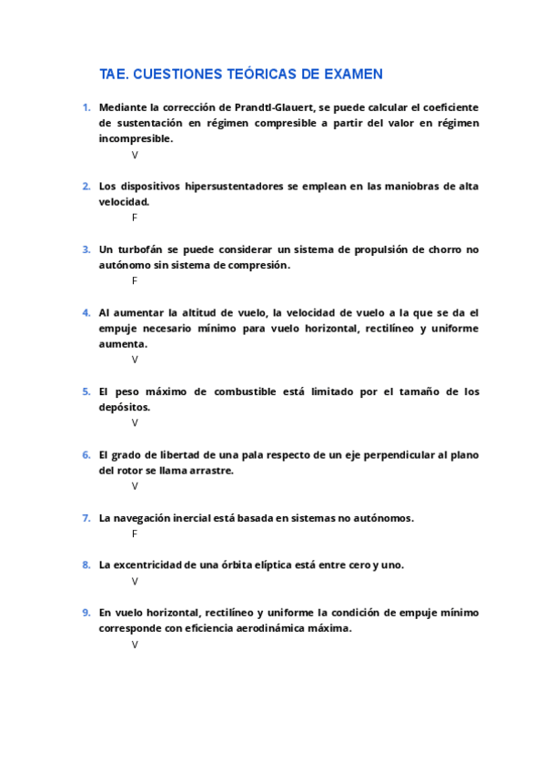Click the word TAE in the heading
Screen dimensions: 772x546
click(x=113, y=74)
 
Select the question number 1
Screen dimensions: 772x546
click(x=86, y=107)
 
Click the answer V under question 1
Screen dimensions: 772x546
click(x=135, y=155)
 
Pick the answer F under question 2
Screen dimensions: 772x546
click(x=135, y=218)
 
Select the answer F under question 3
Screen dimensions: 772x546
click(x=135, y=280)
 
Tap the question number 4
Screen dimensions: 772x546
click(x=86, y=312)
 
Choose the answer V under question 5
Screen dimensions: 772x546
click(x=135, y=422)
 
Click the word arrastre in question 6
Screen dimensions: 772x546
click(x=212, y=471)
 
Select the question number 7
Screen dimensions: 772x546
click(x=86, y=518)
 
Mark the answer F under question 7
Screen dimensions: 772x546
click(x=135, y=533)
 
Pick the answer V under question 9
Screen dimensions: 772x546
click(x=135, y=645)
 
